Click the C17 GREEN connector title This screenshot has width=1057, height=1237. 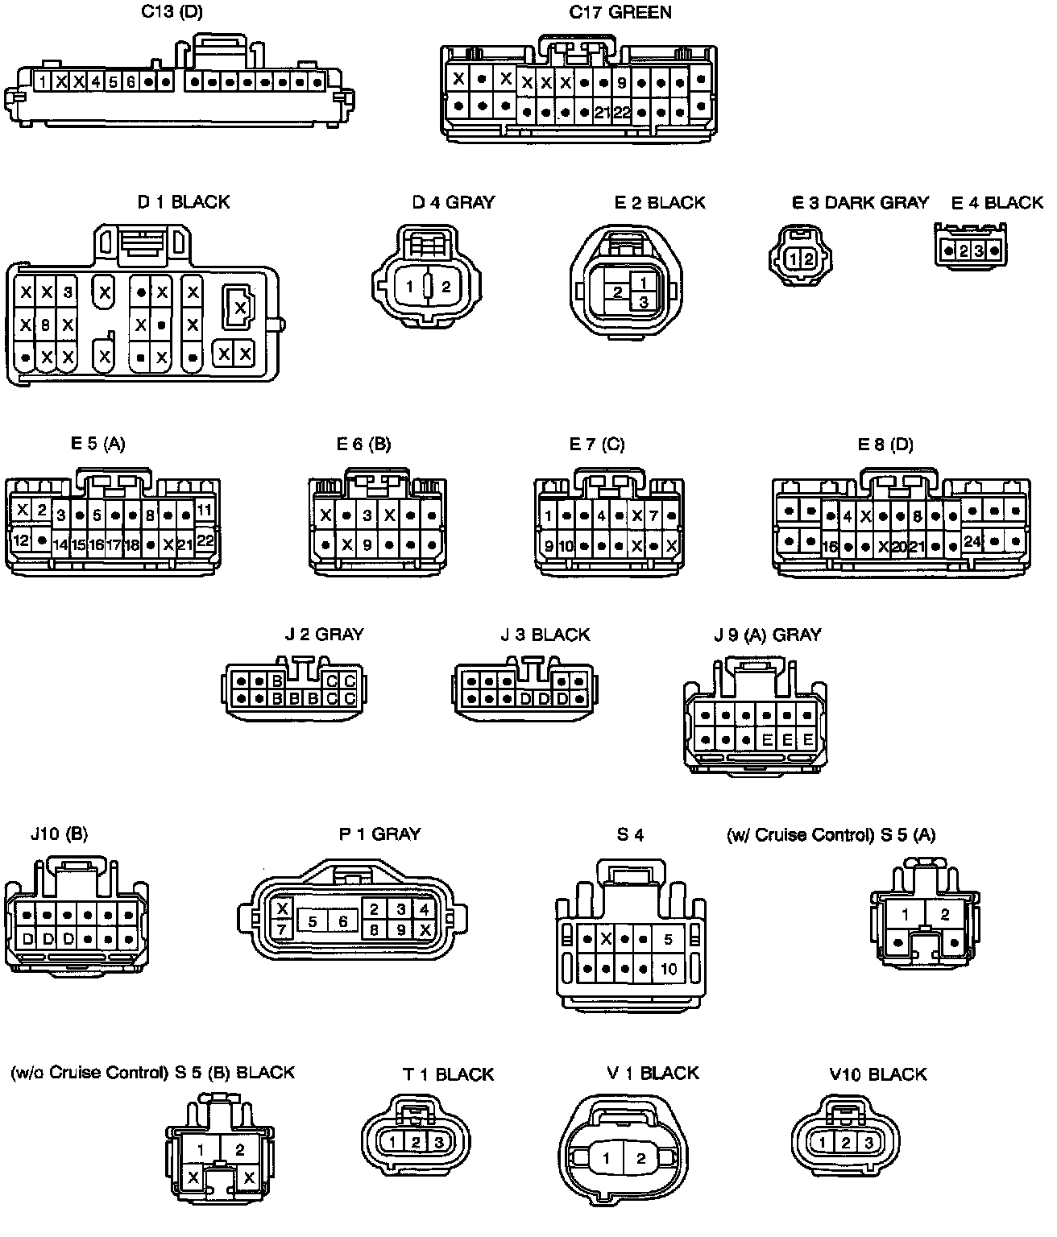click(x=620, y=13)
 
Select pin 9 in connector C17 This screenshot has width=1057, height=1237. click(x=621, y=82)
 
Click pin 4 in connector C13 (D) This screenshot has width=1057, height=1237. click(x=96, y=81)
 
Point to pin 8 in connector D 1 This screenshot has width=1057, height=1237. click(x=47, y=325)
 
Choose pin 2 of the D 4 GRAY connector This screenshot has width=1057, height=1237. click(x=446, y=286)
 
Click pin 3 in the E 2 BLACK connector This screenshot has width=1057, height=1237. click(x=643, y=302)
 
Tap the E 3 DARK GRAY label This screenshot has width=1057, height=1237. click(x=860, y=202)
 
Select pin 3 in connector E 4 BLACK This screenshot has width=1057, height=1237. click(x=979, y=250)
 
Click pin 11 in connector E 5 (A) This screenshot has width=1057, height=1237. click(x=204, y=511)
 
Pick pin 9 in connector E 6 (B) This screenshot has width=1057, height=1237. click(x=367, y=545)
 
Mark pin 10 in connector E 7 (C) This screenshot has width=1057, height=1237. click(x=566, y=546)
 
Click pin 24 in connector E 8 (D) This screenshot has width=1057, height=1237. click(x=972, y=541)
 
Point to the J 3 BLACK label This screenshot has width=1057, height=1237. click(x=545, y=635)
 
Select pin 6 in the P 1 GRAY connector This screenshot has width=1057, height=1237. click(x=342, y=921)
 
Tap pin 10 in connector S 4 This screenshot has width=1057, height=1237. click(x=668, y=969)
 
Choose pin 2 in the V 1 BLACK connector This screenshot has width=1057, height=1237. click(x=640, y=1159)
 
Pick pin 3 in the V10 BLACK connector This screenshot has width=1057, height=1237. click(x=868, y=1142)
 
